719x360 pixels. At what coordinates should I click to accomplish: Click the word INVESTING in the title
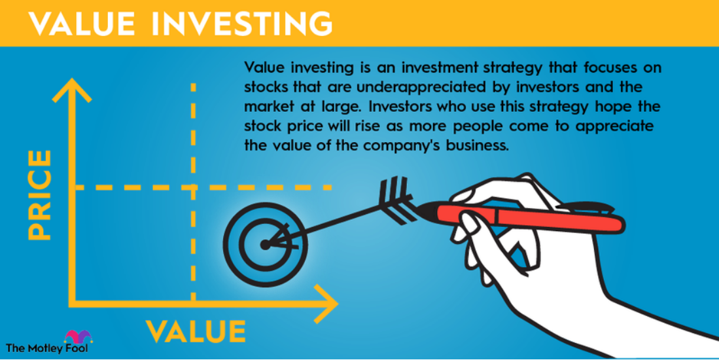tap(242, 24)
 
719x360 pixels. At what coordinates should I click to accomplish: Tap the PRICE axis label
tap(39, 195)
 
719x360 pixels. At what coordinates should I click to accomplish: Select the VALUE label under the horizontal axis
tap(196, 331)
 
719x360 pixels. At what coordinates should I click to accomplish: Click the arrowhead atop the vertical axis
tap(72, 90)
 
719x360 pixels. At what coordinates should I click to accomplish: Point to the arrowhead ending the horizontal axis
tap(326, 304)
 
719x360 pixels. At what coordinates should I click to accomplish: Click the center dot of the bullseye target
tap(265, 245)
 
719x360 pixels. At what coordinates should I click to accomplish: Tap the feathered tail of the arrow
tap(397, 200)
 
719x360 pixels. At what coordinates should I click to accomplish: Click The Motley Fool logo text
tap(47, 348)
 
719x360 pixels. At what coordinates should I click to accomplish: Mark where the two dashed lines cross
tap(193, 187)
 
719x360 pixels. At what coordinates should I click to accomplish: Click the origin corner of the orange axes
tap(72, 304)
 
